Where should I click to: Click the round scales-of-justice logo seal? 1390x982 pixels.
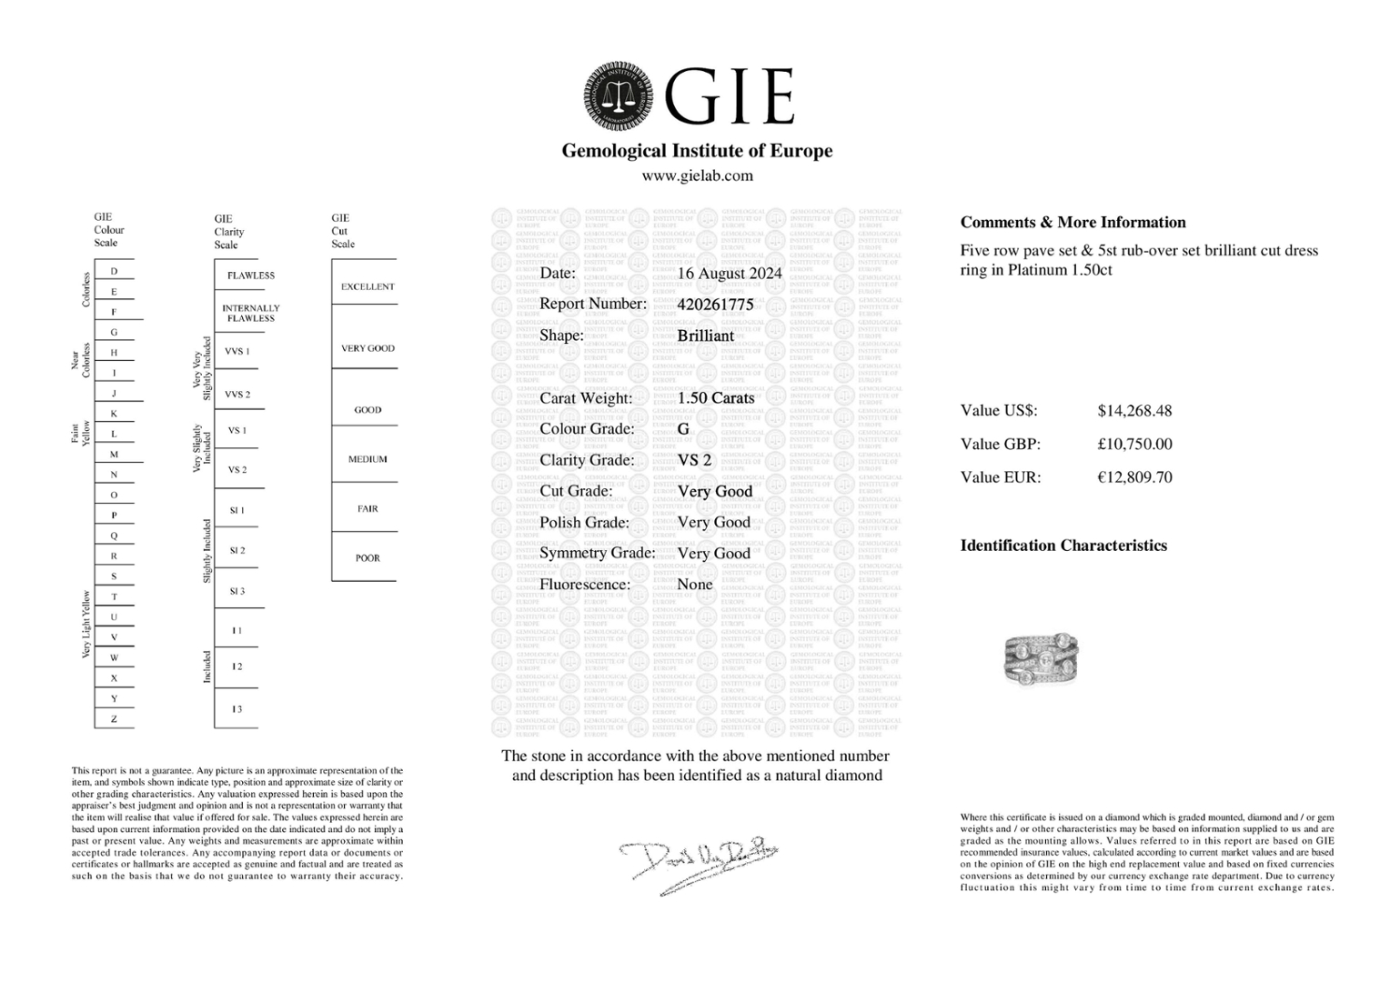click(619, 95)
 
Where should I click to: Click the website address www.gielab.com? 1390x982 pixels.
click(697, 175)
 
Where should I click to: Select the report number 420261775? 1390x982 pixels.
click(715, 305)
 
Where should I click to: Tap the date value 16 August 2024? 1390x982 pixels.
click(730, 273)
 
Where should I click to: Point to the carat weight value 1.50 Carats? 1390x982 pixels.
click(716, 398)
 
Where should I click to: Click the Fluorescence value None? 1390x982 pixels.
click(695, 585)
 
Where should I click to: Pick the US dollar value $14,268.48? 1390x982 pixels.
click(1134, 410)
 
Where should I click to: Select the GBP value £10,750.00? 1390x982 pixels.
click(1134, 444)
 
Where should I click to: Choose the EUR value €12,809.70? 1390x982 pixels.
click(1134, 476)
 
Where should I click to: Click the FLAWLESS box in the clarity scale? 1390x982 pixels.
click(250, 276)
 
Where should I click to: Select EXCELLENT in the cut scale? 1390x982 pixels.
click(368, 286)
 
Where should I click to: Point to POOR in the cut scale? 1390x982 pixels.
click(368, 558)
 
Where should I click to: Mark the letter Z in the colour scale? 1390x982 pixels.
click(114, 719)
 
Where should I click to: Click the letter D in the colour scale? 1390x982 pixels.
click(114, 271)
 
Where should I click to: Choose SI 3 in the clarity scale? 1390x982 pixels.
click(237, 591)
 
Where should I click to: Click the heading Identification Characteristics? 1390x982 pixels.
click(1063, 546)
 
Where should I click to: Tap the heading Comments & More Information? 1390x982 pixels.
click(1073, 222)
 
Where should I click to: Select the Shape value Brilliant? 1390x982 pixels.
click(705, 336)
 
